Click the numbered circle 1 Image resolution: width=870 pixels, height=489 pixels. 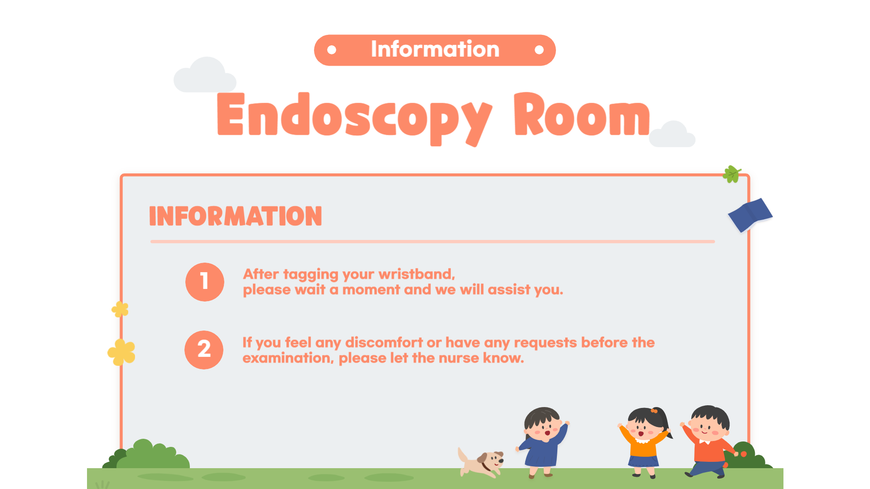coord(205,282)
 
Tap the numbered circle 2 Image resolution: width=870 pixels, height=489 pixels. coord(204,350)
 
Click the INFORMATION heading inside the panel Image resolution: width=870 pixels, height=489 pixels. coord(236,216)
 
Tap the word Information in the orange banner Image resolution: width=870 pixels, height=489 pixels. coord(435,49)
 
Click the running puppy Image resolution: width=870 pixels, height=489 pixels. coord(481,462)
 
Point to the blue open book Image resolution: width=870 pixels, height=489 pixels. coord(750,215)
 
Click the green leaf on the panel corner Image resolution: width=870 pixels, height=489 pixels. coord(732,174)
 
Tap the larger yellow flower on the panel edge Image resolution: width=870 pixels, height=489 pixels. coord(121,352)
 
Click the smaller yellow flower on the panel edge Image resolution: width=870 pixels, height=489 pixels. coord(120,310)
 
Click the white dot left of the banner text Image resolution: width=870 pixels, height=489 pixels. coord(332,50)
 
